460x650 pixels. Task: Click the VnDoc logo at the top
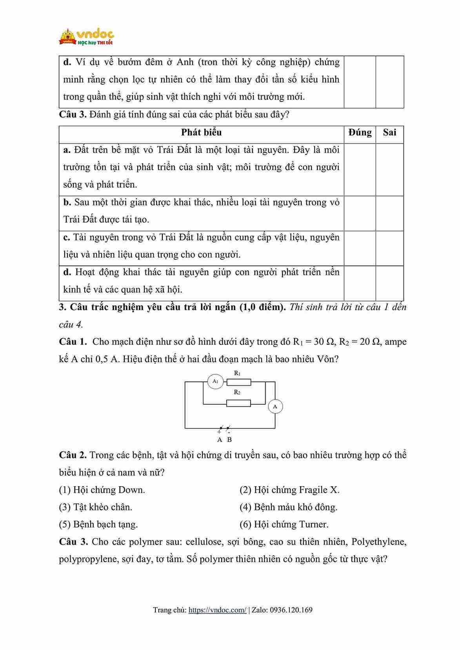tap(86, 36)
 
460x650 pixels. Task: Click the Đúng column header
tap(360, 133)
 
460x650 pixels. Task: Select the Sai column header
tap(389, 133)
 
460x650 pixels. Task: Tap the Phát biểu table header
tap(201, 133)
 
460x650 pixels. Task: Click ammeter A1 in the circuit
tap(215, 381)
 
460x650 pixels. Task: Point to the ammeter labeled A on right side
tap(275, 407)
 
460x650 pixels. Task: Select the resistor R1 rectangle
tap(239, 382)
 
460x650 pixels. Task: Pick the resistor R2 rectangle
tap(239, 403)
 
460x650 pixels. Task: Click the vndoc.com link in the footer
tap(217, 610)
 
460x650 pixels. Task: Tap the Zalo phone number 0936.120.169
tap(291, 610)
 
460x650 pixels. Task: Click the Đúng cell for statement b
tap(360, 213)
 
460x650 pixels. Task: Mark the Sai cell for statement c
tap(389, 248)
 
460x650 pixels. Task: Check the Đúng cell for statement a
tap(360, 169)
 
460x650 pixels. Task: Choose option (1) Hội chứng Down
tap(102, 490)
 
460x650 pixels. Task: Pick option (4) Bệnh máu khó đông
tap(288, 507)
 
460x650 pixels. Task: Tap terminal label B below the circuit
tap(229, 439)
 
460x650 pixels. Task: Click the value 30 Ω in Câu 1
tap(324, 341)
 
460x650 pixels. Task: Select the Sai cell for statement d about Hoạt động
tap(389, 283)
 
